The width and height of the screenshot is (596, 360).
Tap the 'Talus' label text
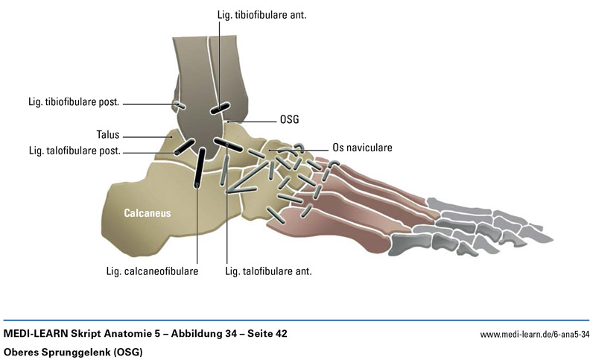coord(107,136)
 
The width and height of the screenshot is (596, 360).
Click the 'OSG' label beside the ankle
coord(290,119)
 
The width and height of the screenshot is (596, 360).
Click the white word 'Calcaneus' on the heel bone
coord(148,213)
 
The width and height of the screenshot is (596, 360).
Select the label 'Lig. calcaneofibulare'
coord(152,271)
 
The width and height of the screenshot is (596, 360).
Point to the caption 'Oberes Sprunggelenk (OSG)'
coord(73,351)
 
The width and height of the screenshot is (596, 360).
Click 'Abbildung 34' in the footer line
coord(200,333)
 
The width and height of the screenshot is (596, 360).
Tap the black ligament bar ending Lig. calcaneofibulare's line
coord(200,168)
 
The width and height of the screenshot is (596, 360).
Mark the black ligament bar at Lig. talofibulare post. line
coord(185,146)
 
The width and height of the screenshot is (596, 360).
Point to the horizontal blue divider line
coord(298,320)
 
